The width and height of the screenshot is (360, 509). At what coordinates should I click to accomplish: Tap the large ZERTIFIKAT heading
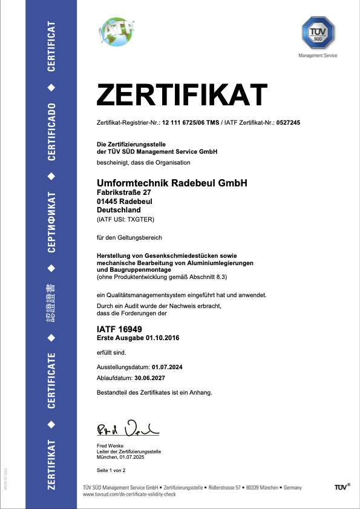pos(182,96)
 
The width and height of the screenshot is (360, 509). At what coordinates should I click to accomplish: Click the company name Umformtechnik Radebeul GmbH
pos(172,183)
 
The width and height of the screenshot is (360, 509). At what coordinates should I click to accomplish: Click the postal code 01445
pos(107,201)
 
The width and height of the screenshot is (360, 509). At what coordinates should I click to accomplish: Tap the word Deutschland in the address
pos(119,209)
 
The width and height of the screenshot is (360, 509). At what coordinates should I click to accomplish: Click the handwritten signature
pos(127,428)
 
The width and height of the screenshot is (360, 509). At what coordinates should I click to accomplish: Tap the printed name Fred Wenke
pos(110,447)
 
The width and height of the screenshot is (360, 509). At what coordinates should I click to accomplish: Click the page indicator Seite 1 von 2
pos(111,470)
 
